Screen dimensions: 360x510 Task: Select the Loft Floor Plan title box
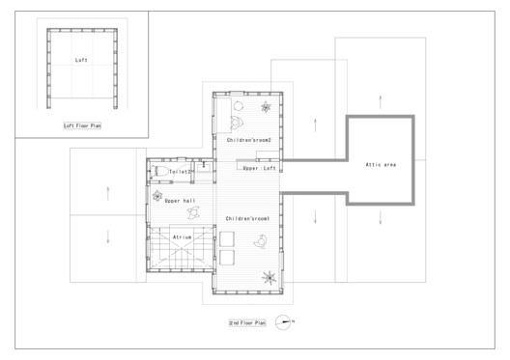coord(81,125)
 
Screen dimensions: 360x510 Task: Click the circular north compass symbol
coord(281,320)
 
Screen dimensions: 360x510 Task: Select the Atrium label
coord(184,236)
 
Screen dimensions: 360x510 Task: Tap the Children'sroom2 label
coord(247,141)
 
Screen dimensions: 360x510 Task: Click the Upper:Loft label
coord(260,168)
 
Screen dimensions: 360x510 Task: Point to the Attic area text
coord(381,164)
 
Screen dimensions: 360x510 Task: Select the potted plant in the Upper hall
coord(158,196)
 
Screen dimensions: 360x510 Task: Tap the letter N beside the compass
coord(292,320)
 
